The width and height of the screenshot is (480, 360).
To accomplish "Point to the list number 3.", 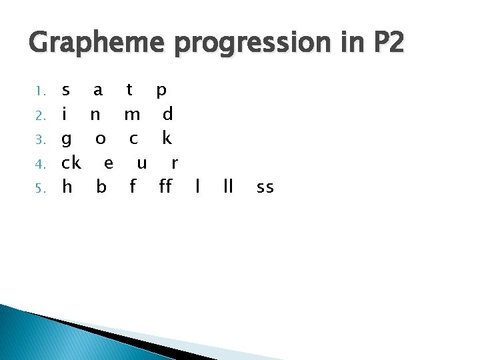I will tap(40, 140).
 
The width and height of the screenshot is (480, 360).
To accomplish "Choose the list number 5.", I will tap(40, 189).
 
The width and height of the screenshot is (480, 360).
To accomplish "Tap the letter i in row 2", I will tap(64, 114).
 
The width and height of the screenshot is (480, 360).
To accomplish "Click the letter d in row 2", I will tap(168, 114).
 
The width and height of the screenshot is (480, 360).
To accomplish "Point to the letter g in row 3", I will tap(66, 140).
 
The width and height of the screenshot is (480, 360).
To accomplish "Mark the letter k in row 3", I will tap(167, 138).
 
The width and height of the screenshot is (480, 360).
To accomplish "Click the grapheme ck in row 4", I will tap(71, 163).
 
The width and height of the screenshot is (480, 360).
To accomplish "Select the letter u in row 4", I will tap(141, 164).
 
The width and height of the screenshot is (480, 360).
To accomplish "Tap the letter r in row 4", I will tap(174, 164).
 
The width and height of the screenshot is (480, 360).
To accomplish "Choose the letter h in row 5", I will tap(67, 187).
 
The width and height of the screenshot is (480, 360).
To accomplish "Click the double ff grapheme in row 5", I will tap(165, 187).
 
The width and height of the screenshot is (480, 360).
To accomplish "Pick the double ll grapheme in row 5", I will tap(228, 187).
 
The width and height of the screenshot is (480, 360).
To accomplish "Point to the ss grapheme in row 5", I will tap(265, 189).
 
